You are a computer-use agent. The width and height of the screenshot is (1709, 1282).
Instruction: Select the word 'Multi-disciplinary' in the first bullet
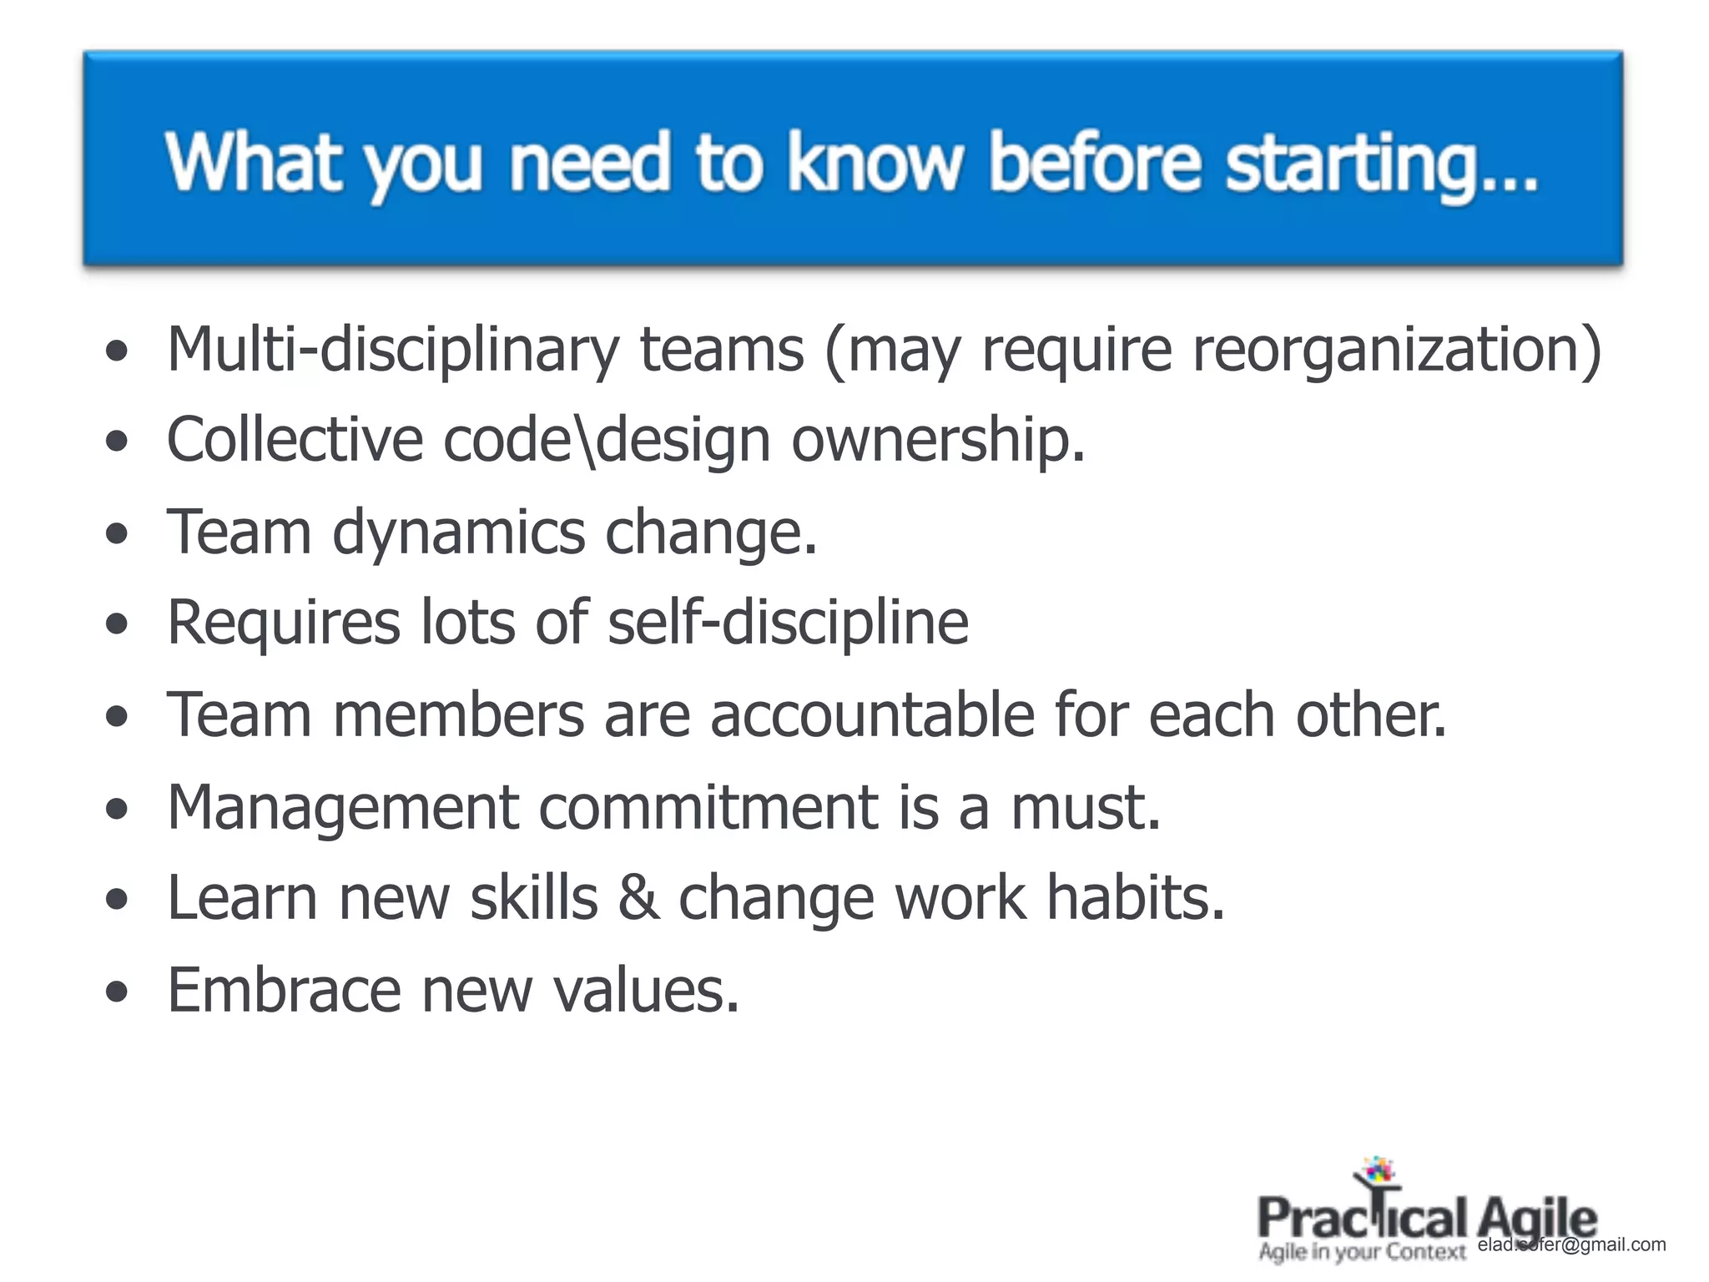coord(392,349)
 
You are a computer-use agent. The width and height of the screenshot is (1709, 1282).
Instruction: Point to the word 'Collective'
coord(295,439)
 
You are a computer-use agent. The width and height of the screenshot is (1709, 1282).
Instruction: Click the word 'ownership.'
coord(938,441)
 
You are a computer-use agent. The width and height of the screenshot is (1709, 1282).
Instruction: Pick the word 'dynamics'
coord(459,532)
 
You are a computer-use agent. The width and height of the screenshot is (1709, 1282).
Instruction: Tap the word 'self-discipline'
coord(788,623)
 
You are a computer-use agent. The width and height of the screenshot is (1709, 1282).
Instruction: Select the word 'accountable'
coord(872,715)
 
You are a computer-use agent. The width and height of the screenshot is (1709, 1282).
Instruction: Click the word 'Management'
coord(343,808)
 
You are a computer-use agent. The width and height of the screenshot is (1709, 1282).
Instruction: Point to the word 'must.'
coord(1086,807)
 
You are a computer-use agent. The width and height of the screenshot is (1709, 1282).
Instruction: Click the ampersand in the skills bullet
coord(638,898)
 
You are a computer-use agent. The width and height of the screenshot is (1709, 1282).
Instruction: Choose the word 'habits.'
coord(1136,898)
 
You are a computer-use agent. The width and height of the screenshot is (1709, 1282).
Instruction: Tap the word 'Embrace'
coord(285,990)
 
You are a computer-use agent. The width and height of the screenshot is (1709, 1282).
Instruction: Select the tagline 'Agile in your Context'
coord(1362,1253)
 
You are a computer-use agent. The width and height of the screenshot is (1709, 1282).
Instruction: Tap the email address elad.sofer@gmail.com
coord(1571,1245)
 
